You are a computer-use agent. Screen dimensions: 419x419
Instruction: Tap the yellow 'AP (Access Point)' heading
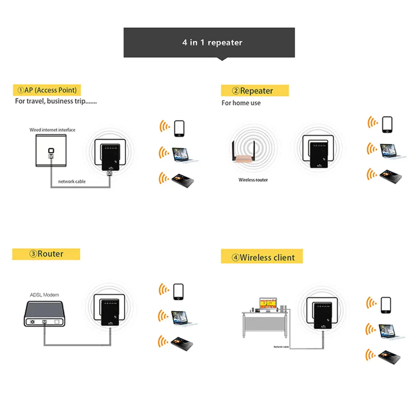click(x=47, y=90)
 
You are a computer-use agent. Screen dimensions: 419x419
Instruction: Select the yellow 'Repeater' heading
click(x=255, y=91)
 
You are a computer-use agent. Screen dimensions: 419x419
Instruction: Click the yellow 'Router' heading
click(x=46, y=254)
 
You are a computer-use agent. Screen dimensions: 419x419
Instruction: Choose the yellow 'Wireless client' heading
click(x=262, y=257)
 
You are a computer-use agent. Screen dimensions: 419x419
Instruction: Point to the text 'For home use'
click(x=241, y=103)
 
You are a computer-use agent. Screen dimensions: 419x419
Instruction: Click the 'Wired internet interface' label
click(x=52, y=130)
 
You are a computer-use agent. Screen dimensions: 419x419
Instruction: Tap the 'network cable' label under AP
click(x=72, y=181)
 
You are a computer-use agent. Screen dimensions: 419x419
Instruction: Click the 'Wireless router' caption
click(x=253, y=180)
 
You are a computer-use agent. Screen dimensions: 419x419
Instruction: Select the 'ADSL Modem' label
click(x=44, y=295)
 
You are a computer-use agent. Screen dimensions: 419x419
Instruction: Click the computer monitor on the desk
click(x=268, y=304)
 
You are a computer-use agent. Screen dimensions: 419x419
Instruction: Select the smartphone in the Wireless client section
click(x=386, y=305)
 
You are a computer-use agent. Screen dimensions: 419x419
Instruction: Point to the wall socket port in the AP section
click(x=51, y=151)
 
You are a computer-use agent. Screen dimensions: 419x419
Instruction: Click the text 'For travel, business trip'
click(x=56, y=101)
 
